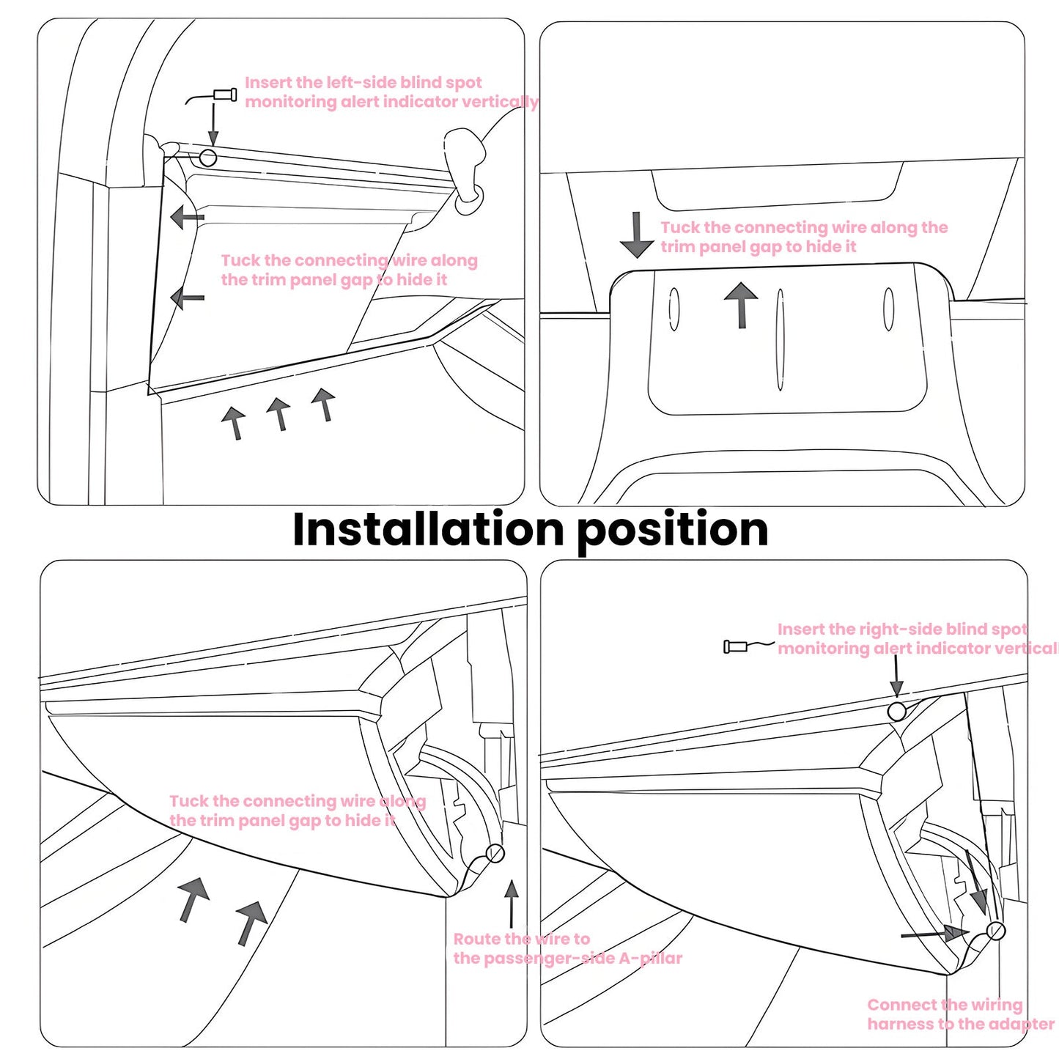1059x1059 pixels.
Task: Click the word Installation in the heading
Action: click(x=429, y=529)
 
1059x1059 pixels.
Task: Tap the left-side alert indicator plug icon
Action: click(x=224, y=95)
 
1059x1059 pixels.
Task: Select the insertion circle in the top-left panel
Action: click(x=208, y=158)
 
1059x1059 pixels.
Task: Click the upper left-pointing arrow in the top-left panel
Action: click(x=186, y=218)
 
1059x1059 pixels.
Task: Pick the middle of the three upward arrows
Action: click(x=278, y=413)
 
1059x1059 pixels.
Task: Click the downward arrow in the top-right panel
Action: click(x=636, y=235)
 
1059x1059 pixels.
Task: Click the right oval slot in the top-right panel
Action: click(x=888, y=309)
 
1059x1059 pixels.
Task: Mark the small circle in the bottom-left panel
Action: click(x=495, y=853)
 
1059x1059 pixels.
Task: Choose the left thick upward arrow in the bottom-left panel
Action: click(x=193, y=899)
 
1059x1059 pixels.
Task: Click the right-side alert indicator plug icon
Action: click(x=736, y=646)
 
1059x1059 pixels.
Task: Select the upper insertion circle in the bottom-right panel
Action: click(x=896, y=711)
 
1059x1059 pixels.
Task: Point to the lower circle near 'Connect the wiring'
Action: click(x=995, y=931)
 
